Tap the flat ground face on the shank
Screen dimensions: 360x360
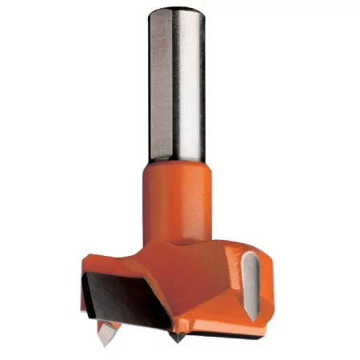point(162,80)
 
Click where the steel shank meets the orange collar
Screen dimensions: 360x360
point(177,162)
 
